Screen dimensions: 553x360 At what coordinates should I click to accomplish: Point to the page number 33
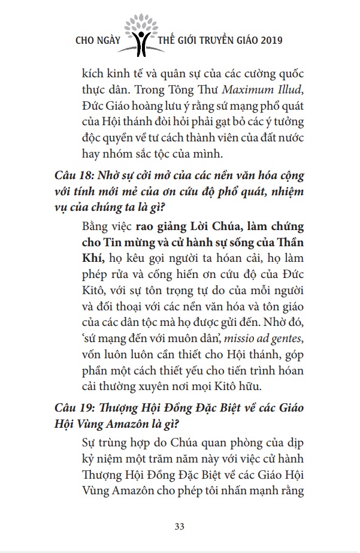pyautogui.click(x=179, y=527)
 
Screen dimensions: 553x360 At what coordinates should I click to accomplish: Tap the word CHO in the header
pyautogui.click(x=86, y=41)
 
